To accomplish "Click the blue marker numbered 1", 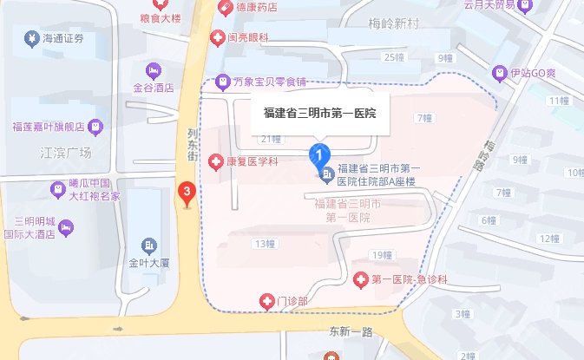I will (320, 157).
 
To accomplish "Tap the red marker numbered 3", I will (186, 193).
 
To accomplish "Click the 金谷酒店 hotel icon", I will (153, 69).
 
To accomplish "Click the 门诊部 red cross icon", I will (267, 301).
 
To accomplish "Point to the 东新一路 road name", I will (350, 331).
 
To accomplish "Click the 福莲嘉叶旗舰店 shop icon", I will (95, 127).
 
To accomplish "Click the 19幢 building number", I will (381, 255).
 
